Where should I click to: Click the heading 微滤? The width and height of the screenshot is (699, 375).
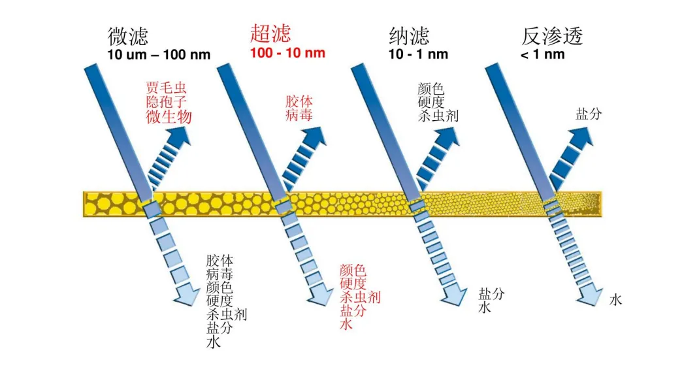pos(128,36)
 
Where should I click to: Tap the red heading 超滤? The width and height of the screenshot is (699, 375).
pos(270,33)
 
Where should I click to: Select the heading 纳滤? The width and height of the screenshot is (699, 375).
pos(410,36)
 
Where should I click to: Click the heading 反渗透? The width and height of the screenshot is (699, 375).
pos(551,36)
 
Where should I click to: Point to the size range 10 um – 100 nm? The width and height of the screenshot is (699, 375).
pos(159,54)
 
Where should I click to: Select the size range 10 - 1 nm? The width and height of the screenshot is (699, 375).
pos(418,54)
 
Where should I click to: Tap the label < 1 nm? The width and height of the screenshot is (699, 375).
pos(542,54)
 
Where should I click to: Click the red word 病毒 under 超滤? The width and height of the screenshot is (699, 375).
pos(300,115)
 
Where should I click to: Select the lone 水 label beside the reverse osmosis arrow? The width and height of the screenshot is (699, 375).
pos(615,301)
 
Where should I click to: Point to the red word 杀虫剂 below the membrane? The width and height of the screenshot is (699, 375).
pos(360,297)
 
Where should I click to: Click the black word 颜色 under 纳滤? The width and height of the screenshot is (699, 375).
pos(431,89)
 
